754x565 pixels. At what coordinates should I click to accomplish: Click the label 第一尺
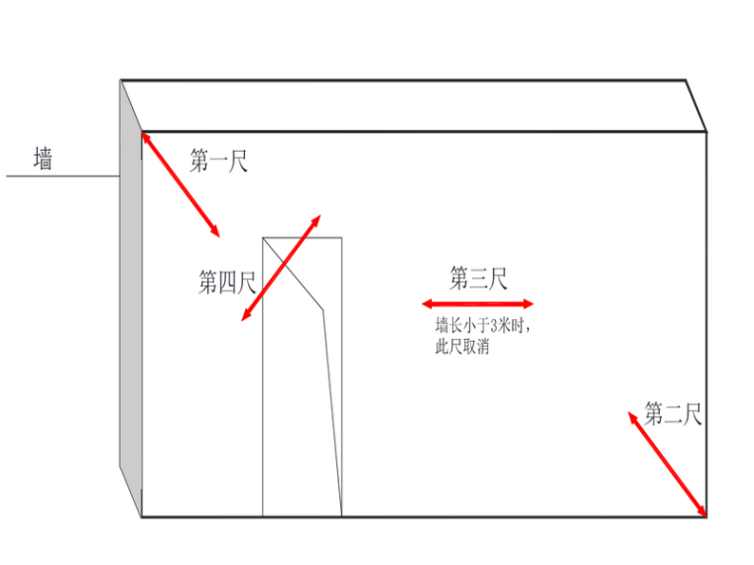point(218,161)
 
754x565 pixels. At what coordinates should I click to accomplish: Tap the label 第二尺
point(674,413)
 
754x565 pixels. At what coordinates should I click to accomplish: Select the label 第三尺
point(478,279)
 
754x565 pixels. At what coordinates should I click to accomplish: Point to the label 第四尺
point(227,283)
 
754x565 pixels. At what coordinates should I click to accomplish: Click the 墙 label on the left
point(43,159)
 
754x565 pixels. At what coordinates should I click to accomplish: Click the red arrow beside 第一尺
point(181,184)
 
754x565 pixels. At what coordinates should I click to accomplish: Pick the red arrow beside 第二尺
point(668,464)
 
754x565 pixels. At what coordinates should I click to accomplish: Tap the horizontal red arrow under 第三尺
point(477,304)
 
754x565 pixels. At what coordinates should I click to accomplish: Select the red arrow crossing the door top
point(282,268)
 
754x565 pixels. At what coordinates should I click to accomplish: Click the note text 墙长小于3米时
point(477,326)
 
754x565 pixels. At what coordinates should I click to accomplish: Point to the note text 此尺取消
point(461,347)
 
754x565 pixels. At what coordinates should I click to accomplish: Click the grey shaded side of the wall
point(130,297)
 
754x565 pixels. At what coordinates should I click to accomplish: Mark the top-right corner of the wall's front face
point(705,132)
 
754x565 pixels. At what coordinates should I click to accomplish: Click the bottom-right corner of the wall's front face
point(705,516)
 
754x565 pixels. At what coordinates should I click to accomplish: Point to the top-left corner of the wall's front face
point(142,132)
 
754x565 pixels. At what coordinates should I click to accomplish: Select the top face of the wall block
point(412,105)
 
